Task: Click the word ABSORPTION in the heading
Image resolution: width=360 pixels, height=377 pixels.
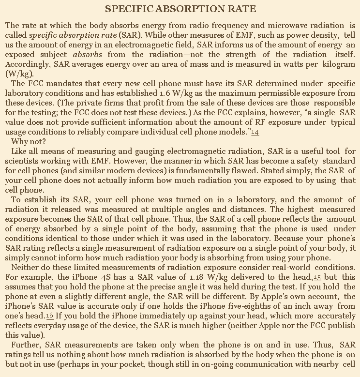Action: click(180, 9)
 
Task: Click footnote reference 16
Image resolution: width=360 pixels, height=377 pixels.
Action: click(50, 316)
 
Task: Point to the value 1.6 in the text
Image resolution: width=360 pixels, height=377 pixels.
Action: click(166, 92)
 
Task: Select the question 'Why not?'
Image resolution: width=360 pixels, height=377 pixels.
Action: click(29, 142)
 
